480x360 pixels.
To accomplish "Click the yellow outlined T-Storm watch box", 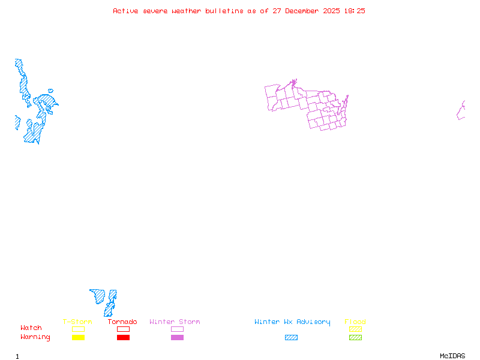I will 78,329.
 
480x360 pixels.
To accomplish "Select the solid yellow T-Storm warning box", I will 78,338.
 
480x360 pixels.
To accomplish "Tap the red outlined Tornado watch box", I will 123,329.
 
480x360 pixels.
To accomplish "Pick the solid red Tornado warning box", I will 123,338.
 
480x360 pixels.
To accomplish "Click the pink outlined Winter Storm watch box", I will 177,329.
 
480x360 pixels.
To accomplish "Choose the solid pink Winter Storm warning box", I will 177,338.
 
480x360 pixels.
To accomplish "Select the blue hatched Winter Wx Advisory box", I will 291,338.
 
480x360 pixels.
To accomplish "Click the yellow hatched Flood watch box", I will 355,329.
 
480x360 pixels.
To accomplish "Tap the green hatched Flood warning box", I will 355,338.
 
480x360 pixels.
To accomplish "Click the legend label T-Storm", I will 77,322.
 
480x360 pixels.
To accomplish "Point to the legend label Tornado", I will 122,322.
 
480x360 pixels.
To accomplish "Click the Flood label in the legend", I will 355,322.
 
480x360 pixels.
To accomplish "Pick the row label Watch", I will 31,328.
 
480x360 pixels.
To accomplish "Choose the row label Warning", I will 35,337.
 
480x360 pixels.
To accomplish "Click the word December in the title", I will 304,11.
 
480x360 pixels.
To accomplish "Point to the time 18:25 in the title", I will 354,11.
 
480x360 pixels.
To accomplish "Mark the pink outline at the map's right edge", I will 461,110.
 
